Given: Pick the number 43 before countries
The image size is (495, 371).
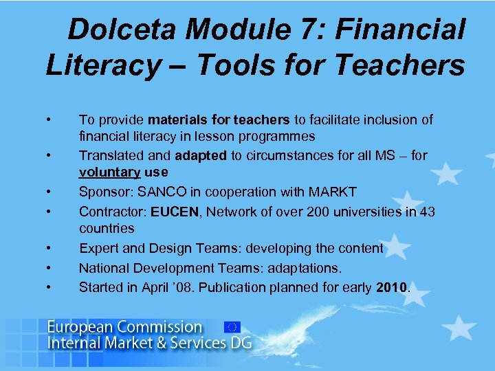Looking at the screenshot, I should point(427,212).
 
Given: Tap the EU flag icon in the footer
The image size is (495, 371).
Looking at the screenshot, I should point(232,327).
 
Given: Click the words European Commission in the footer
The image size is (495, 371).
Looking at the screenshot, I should point(124,327).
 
